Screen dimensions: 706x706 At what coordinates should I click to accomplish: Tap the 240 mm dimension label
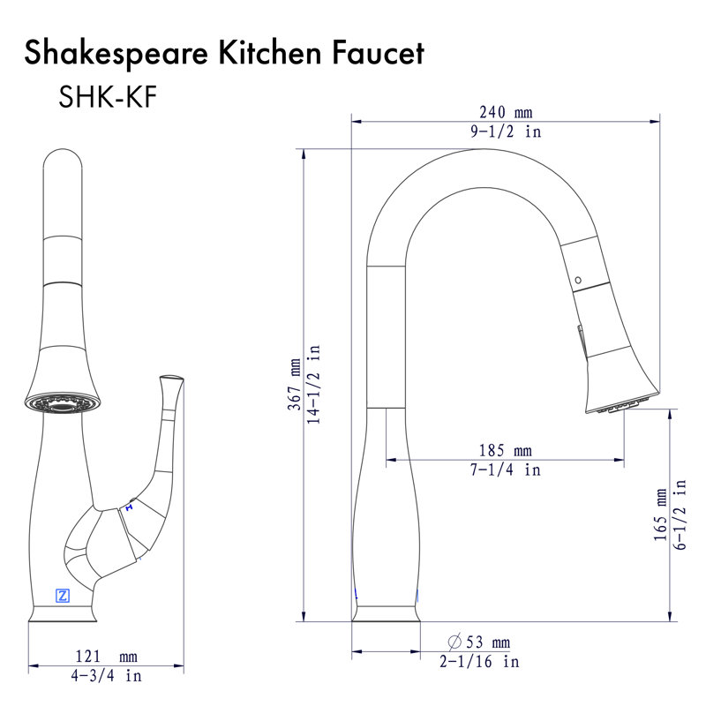pos(506,113)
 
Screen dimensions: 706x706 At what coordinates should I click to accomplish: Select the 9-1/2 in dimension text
pos(506,131)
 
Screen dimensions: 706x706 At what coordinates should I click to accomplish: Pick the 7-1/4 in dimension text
pos(506,471)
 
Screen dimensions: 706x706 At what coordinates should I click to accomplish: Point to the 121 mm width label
pos(106,657)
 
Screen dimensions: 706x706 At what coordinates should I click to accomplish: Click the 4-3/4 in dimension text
pos(106,676)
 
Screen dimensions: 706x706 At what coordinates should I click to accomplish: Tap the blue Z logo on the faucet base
pos(63,595)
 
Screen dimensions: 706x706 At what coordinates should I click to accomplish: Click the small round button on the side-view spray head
pos(579,281)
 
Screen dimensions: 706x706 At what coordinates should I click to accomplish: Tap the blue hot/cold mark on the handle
pos(130,507)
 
